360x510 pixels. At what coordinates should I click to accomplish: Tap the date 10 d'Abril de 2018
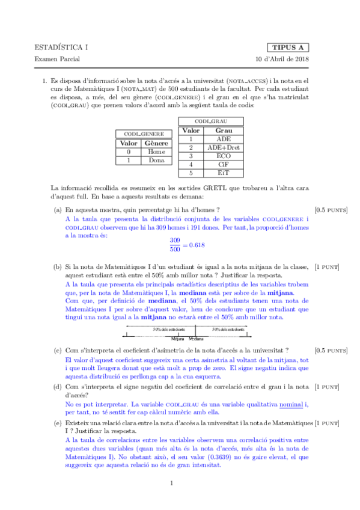pos(282,60)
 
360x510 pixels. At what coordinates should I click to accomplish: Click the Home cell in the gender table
pos(156,152)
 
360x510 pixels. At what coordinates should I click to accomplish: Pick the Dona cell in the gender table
pos(156,161)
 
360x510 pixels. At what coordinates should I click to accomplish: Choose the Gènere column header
pos(156,144)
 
